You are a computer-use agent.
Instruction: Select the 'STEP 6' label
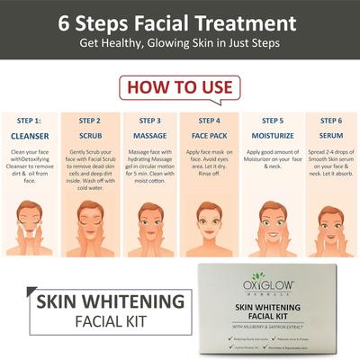click(329, 120)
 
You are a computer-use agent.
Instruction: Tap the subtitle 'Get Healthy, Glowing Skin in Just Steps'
click(180, 44)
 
